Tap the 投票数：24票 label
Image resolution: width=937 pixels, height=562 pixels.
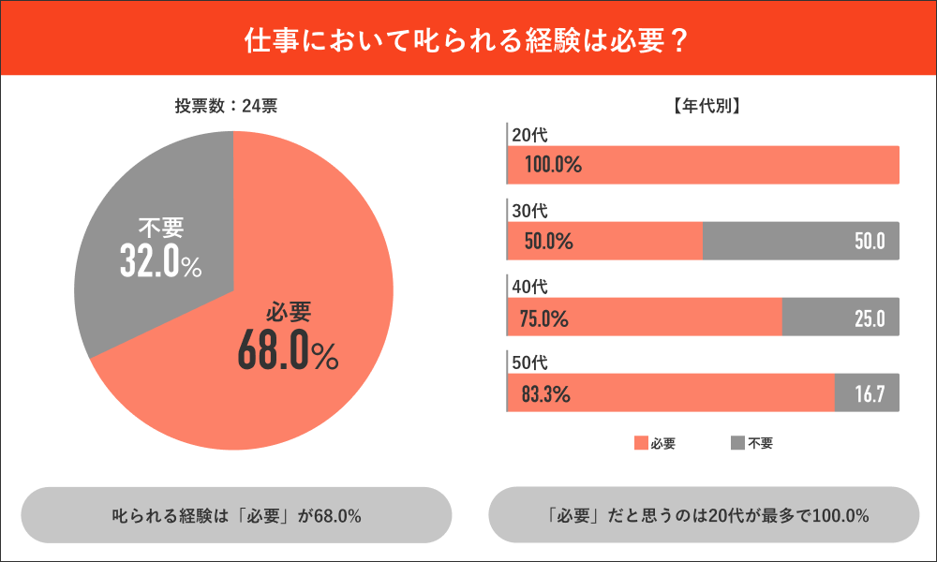[x=226, y=106]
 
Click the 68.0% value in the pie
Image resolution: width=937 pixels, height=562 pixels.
[x=287, y=351]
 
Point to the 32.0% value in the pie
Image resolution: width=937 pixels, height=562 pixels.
[x=160, y=261]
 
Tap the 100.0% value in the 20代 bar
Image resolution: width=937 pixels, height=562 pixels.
[x=553, y=166]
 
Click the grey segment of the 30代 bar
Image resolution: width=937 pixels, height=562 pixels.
[x=800, y=241]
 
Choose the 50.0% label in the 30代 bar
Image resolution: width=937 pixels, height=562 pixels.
[x=548, y=242]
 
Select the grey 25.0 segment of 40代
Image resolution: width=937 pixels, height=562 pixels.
[x=840, y=318]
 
